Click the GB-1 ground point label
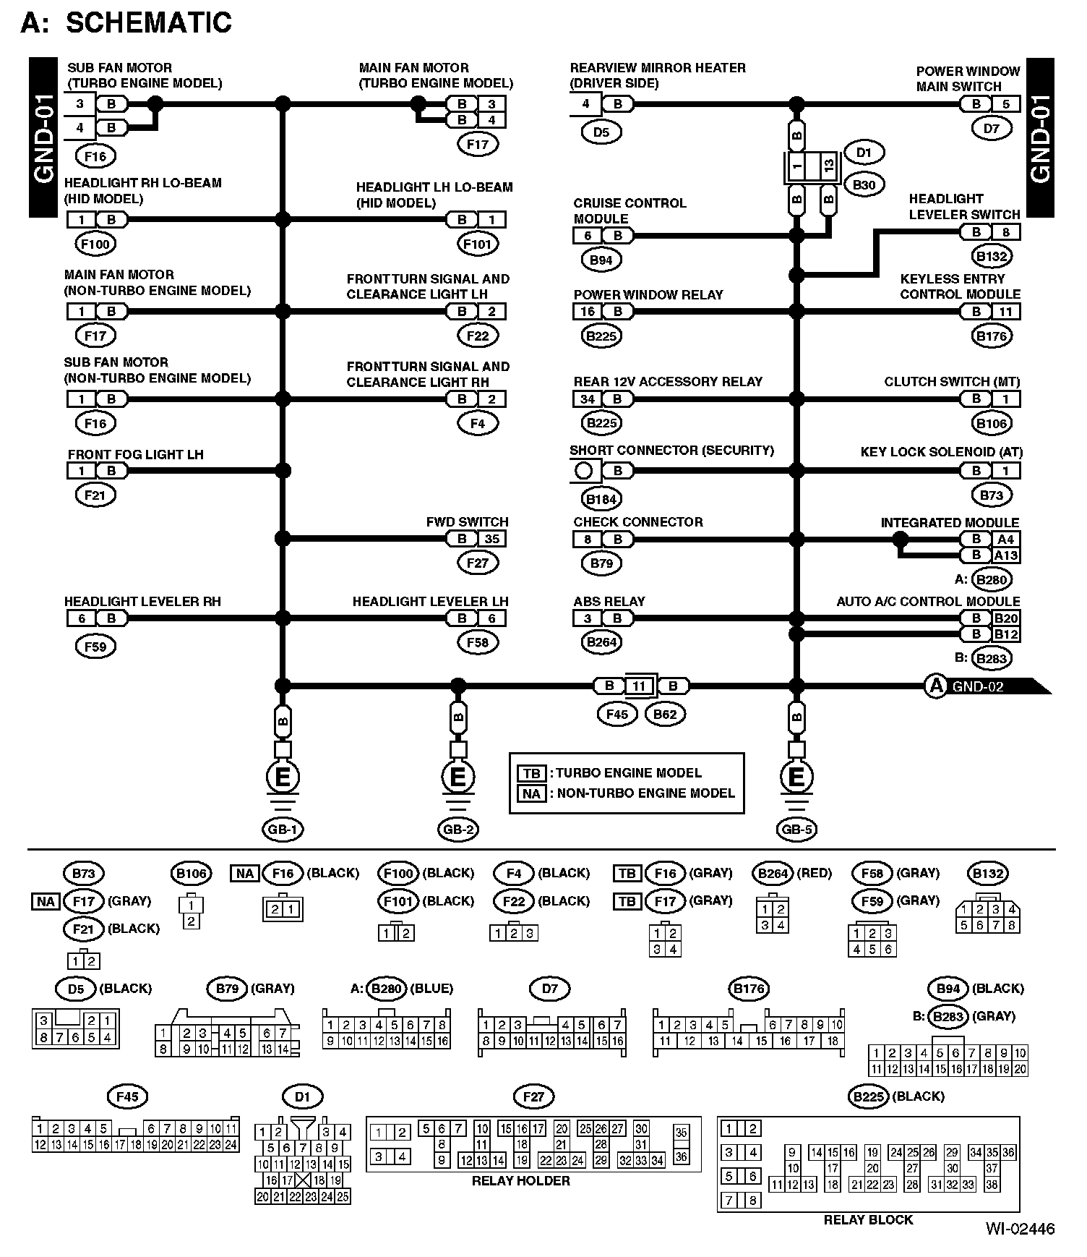[x=283, y=830]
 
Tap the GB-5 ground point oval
[x=796, y=830]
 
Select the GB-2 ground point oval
[x=458, y=830]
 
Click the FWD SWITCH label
[x=467, y=522]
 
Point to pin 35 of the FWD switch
[x=492, y=539]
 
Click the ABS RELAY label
[x=609, y=602]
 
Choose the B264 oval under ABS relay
[x=601, y=642]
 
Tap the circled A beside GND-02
[x=936, y=686]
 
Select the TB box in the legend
[x=531, y=772]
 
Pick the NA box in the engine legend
[x=531, y=793]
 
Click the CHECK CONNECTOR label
[x=637, y=522]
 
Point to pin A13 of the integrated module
[x=1005, y=555]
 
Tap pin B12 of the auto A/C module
[x=1005, y=634]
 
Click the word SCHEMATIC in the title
[x=149, y=23]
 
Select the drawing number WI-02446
[x=1020, y=1229]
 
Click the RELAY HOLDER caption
[x=520, y=1181]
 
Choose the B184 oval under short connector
[x=601, y=499]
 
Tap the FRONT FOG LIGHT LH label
[x=135, y=455]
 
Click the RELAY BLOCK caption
[x=868, y=1220]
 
